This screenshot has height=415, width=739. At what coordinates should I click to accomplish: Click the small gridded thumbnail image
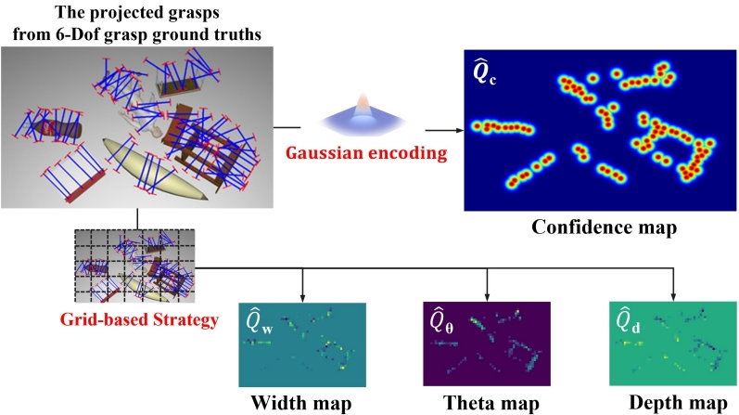(137, 265)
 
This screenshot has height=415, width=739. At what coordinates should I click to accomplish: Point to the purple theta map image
(488, 343)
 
